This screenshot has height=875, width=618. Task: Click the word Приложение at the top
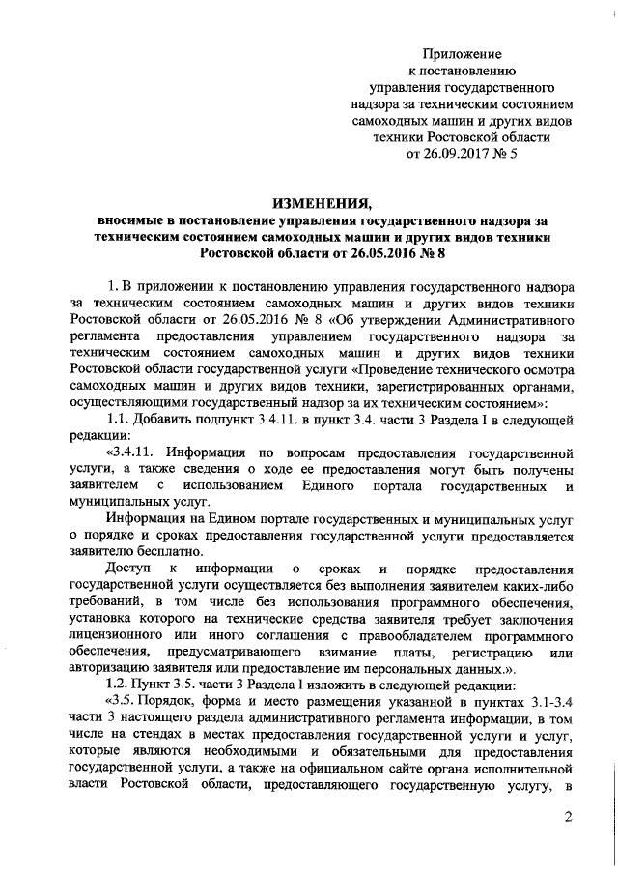[468, 54]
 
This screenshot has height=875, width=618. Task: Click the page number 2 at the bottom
[569, 819]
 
